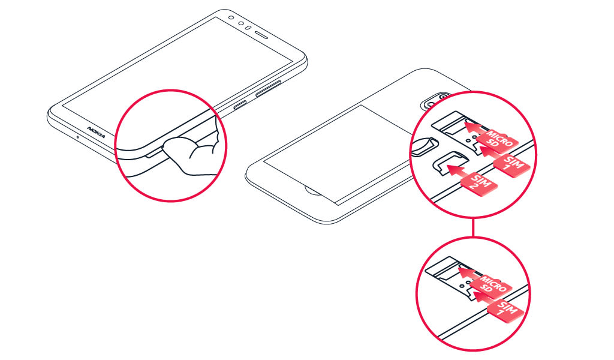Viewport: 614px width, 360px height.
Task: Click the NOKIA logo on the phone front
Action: coord(96,131)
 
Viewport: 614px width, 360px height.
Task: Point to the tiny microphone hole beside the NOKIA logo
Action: coord(77,135)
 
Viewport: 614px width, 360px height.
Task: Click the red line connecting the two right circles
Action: coord(474,227)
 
